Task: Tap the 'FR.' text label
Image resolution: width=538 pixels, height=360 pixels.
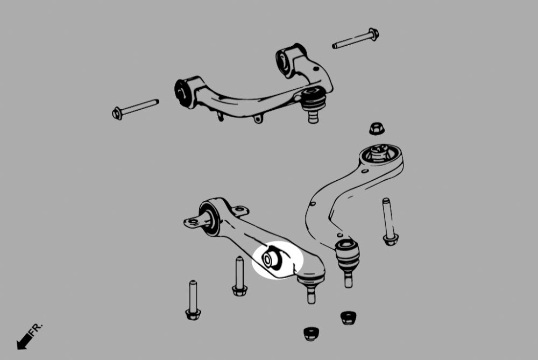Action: click(37, 330)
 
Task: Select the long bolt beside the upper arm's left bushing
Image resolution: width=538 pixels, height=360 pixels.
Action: click(136, 108)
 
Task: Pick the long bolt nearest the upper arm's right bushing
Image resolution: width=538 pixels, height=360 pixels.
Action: click(355, 39)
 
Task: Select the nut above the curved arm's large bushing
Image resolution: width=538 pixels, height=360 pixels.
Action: click(376, 129)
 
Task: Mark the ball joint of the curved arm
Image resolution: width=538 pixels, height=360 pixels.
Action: click(348, 256)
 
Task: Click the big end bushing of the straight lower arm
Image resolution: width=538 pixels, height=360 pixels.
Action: click(209, 217)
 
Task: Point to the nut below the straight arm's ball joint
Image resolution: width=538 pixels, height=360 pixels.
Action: click(310, 333)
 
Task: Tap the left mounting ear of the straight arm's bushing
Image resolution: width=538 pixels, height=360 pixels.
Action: click(191, 221)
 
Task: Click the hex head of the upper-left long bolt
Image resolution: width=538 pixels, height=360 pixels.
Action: click(117, 113)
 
